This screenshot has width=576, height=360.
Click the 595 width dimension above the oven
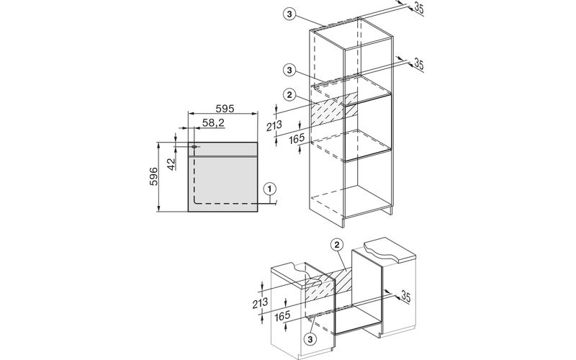pyautogui.click(x=225, y=109)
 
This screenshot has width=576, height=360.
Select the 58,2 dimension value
pyautogui.click(x=213, y=122)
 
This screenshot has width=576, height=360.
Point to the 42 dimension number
pyautogui.click(x=171, y=164)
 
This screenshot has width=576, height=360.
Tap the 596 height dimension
pyautogui.click(x=153, y=176)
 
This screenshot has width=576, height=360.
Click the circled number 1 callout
pyautogui.click(x=269, y=189)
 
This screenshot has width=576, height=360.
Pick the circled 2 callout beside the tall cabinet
pyautogui.click(x=289, y=95)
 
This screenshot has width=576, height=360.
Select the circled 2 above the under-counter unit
pyautogui.click(x=337, y=245)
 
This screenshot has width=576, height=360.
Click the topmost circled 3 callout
pyautogui.click(x=289, y=14)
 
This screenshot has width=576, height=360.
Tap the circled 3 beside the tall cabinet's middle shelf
pyautogui.click(x=289, y=70)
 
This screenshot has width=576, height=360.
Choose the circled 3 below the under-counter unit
pyautogui.click(x=310, y=339)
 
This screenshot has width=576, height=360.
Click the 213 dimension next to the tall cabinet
pyautogui.click(x=274, y=125)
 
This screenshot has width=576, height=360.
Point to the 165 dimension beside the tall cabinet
pyautogui.click(x=297, y=138)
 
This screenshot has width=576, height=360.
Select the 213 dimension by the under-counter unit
pyautogui.click(x=260, y=303)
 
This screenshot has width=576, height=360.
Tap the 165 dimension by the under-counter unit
pyautogui.click(x=282, y=315)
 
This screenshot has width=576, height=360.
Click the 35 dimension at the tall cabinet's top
pyautogui.click(x=419, y=8)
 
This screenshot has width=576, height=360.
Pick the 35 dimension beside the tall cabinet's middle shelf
pyautogui.click(x=419, y=64)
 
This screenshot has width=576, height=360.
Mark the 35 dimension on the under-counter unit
pyautogui.click(x=405, y=296)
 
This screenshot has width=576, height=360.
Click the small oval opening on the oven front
pyautogui.click(x=194, y=147)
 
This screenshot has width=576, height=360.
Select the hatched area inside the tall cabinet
pyautogui.click(x=334, y=109)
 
